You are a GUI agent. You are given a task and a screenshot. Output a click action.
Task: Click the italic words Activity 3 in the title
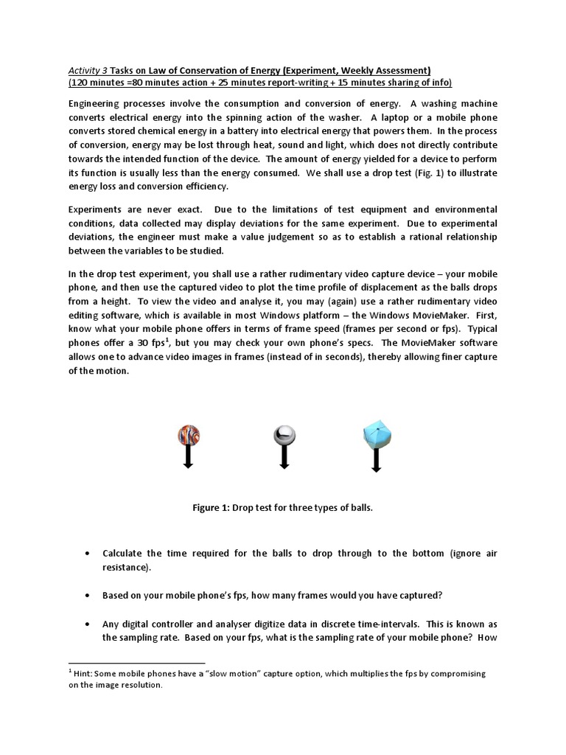(87, 70)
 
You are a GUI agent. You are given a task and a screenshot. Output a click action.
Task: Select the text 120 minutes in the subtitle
(98, 83)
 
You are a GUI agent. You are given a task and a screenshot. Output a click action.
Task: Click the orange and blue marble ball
(187, 436)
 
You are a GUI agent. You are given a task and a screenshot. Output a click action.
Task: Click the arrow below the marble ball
(188, 458)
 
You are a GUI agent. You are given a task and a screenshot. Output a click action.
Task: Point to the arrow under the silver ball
(284, 458)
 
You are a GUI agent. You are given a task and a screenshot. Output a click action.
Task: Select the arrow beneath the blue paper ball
(377, 460)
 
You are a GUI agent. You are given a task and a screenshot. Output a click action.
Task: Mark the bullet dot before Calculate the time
(88, 553)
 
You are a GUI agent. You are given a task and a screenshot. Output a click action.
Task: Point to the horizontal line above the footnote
(136, 663)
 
